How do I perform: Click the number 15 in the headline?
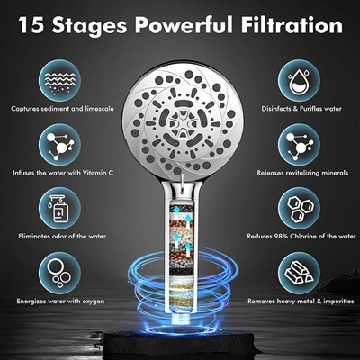[32, 25]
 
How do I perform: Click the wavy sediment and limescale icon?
[59, 81]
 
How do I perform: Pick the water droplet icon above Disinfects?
[299, 81]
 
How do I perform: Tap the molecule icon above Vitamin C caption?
[59, 145]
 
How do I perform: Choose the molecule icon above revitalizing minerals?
[299, 145]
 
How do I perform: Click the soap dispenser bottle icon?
[59, 209]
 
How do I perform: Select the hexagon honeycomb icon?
[299, 209]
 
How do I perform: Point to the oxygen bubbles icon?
[59, 273]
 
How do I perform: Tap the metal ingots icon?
[299, 273]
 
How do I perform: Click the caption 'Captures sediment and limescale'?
[62, 109]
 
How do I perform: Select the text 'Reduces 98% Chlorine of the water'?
[301, 237]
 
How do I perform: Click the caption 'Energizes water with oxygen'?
[60, 301]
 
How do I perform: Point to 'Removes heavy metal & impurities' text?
[301, 301]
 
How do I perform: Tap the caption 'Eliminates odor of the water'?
[62, 237]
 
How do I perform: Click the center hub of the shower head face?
[180, 123]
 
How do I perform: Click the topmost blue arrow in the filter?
[176, 211]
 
